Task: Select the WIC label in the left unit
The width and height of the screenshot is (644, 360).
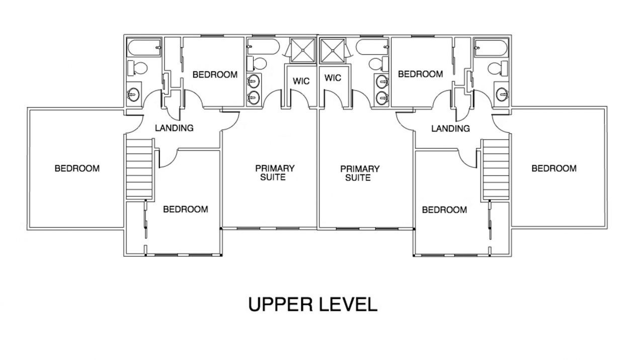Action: click(301, 81)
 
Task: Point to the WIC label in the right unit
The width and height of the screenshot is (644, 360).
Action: click(333, 78)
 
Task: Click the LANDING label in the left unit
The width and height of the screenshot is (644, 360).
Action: click(174, 128)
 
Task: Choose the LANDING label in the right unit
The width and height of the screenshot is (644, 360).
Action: click(450, 128)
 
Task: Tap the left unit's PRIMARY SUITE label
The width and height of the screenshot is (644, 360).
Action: click(275, 173)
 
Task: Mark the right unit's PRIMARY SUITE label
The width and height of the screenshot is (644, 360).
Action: click(360, 173)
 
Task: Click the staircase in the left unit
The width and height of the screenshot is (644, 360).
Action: click(139, 169)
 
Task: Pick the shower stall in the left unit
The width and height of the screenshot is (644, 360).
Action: click(303, 50)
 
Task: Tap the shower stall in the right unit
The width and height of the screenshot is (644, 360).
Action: click(333, 51)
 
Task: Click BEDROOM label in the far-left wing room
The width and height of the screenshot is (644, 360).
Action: click(77, 168)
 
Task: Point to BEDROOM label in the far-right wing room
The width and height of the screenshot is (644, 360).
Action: click(554, 168)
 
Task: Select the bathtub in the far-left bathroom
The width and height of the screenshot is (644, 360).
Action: click(144, 47)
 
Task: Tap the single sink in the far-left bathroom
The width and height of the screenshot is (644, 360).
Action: click(134, 94)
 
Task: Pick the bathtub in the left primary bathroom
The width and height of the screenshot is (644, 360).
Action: click(263, 47)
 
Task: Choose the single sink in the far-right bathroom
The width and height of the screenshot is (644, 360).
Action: click(502, 94)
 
